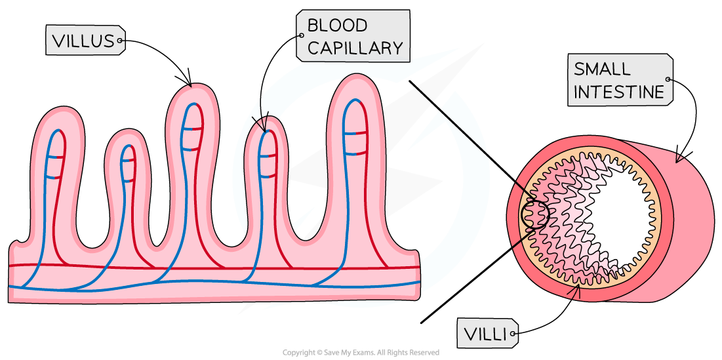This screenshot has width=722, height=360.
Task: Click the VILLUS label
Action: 83,41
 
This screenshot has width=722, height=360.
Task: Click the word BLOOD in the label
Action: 337,26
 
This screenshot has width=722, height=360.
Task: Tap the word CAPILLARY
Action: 354,48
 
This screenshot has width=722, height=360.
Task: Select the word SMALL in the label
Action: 601,69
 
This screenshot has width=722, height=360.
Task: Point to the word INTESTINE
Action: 618,92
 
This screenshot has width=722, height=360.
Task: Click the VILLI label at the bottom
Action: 486,334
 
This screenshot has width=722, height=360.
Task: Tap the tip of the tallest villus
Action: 355,79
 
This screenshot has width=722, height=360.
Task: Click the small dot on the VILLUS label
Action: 120,41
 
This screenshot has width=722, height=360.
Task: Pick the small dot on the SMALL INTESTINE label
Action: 668,79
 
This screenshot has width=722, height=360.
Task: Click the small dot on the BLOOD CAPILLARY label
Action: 301,36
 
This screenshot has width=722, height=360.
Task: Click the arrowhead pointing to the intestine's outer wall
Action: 679,158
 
